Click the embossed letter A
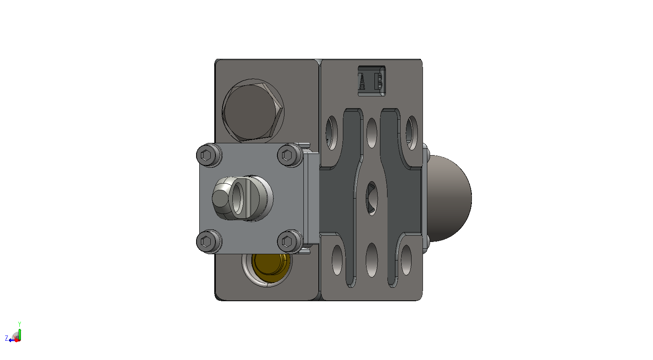[362, 81]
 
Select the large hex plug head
[253, 112]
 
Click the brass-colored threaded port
[271, 268]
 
